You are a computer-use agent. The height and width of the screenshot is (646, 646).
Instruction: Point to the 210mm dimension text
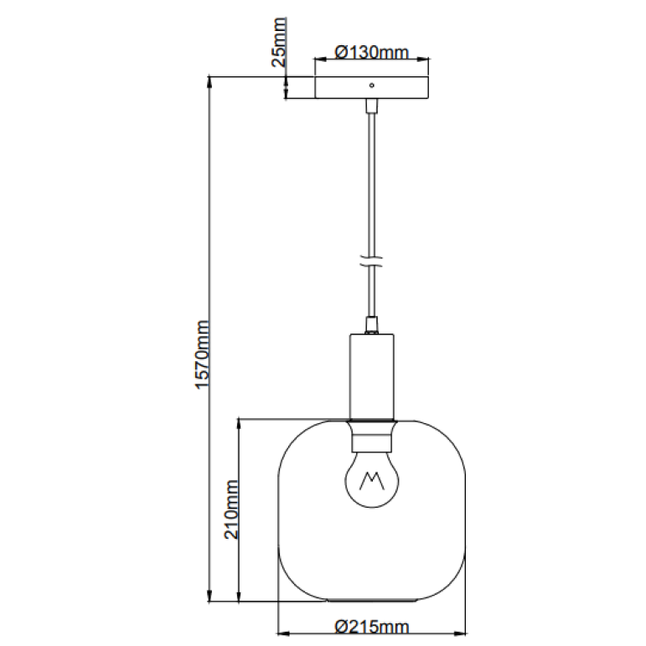[232, 509]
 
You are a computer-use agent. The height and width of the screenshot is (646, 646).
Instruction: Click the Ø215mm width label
[371, 626]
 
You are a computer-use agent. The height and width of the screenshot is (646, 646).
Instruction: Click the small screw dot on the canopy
[372, 85]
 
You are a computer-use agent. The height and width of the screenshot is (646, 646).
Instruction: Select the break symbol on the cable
[371, 261]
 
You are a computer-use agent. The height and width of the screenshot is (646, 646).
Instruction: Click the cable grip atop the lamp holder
[372, 323]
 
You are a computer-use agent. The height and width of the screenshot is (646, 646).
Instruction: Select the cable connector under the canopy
[371, 106]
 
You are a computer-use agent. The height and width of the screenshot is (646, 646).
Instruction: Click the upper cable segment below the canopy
[371, 176]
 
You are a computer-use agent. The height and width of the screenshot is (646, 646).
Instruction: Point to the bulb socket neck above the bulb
[372, 437]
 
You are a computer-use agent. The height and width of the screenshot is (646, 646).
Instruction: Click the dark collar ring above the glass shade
[372, 419]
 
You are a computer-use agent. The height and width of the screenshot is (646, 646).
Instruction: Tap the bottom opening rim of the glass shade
[372, 600]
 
